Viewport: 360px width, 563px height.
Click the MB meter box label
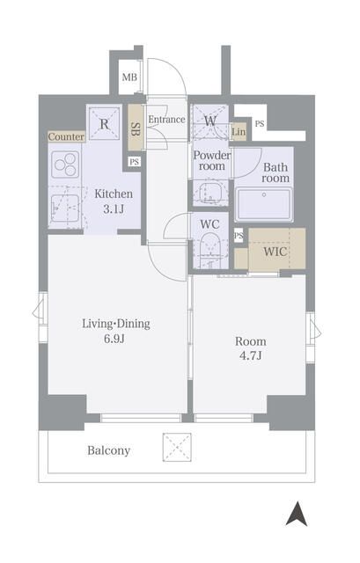click(x=129, y=77)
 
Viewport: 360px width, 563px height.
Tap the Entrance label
click(x=166, y=120)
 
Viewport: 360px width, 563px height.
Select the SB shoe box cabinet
click(x=135, y=127)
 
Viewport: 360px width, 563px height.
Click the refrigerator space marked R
click(x=104, y=124)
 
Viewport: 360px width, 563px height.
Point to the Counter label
click(x=66, y=137)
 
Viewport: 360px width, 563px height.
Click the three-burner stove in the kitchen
click(x=65, y=165)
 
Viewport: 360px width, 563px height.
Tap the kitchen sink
click(x=64, y=208)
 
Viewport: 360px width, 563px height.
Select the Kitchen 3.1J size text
click(x=114, y=201)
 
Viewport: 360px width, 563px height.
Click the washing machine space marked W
click(x=210, y=121)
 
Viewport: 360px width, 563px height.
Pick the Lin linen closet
click(x=239, y=132)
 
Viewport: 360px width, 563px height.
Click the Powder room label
click(x=212, y=160)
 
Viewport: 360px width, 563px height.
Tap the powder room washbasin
click(x=210, y=194)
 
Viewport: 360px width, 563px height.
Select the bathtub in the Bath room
click(x=264, y=205)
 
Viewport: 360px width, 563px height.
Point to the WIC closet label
click(x=276, y=252)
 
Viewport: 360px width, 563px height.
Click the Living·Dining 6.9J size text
click(x=115, y=331)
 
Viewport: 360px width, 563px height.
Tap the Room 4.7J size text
click(x=251, y=348)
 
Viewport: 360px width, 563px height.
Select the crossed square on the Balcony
click(x=177, y=447)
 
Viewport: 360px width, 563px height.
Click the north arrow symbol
click(x=297, y=514)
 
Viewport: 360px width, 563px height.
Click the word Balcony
click(x=109, y=450)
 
